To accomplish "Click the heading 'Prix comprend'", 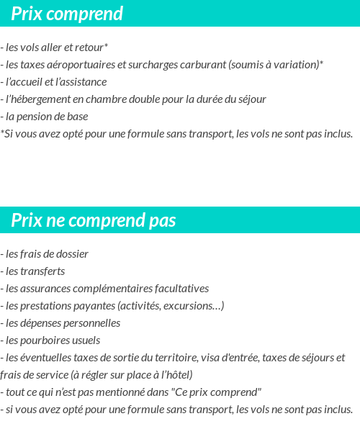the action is tap(67, 14).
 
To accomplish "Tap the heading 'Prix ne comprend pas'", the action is tap(94, 220).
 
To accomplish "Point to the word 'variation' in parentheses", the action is tap(295, 65).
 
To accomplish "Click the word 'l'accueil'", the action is tap(24, 82).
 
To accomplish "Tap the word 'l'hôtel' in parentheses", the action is tap(174, 375).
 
